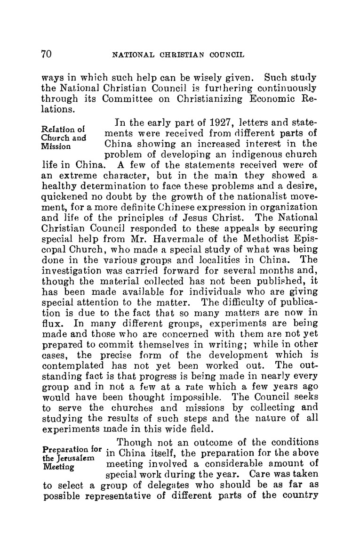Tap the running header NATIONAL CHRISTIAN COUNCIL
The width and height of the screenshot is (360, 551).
tap(178, 55)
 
